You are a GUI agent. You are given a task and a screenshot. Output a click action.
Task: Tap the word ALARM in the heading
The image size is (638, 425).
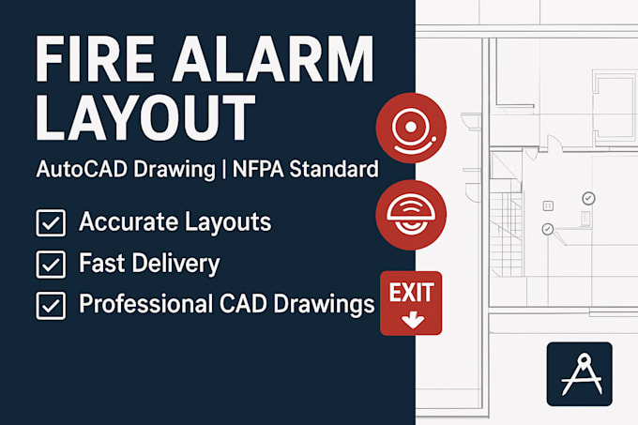click(273, 58)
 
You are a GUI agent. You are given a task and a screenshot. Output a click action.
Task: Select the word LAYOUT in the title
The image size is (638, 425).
click(145, 116)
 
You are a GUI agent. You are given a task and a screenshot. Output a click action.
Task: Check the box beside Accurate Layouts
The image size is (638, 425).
click(51, 223)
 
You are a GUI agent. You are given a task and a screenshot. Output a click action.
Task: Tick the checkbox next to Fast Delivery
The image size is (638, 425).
click(51, 265)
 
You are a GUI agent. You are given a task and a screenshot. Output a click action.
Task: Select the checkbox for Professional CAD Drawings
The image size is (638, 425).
click(51, 306)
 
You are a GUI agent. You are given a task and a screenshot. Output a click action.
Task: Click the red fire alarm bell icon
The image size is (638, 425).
click(411, 128)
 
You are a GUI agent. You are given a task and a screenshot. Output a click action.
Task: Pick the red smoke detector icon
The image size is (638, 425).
click(411, 215)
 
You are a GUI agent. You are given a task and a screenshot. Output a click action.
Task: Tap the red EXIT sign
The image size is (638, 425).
click(411, 303)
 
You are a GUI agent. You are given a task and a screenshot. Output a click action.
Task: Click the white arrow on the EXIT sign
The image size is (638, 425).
click(413, 321)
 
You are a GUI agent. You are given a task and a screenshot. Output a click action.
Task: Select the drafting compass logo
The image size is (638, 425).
click(580, 374)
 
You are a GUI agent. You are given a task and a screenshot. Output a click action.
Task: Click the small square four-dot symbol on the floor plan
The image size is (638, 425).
click(548, 205)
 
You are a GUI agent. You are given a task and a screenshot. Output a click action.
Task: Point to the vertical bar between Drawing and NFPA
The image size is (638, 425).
click(224, 170)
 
